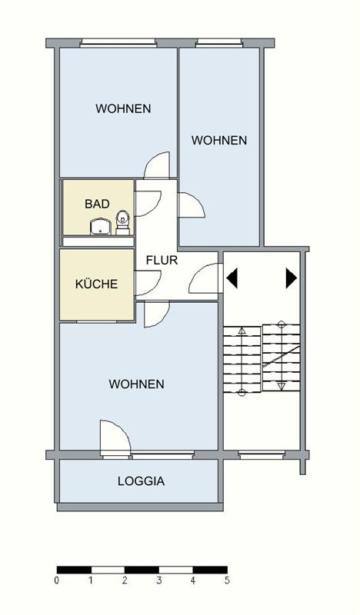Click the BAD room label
97,204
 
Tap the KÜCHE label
96,284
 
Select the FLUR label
162,260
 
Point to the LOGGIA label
141,482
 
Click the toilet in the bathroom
122,223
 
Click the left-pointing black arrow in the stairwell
233,278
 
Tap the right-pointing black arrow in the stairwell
291,278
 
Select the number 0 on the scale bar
57,580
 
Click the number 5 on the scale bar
226,580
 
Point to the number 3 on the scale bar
158,580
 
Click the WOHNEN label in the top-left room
123,108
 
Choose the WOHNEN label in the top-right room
219,140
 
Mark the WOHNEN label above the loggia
136,384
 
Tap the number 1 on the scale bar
91,580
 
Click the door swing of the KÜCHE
147,281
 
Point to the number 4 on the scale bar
192,580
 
